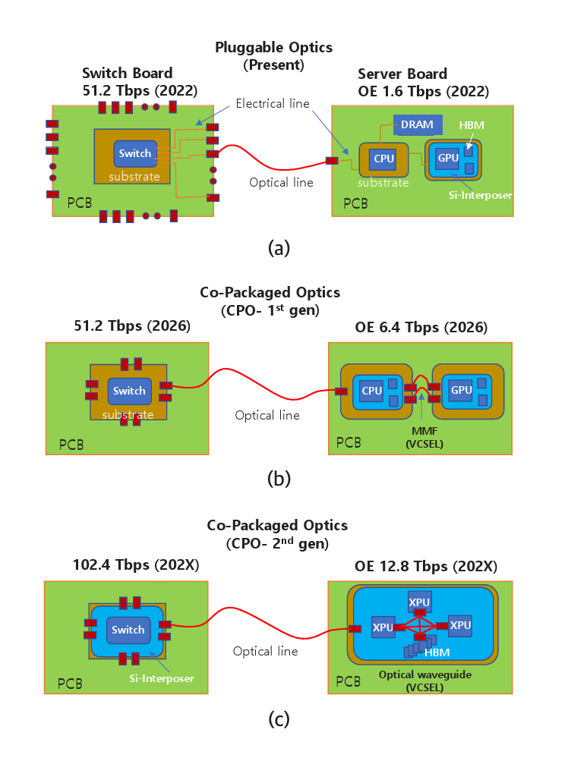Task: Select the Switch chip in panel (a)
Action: click(135, 154)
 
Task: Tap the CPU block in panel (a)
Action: click(382, 159)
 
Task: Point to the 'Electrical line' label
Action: click(272, 103)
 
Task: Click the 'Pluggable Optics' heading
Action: click(273, 48)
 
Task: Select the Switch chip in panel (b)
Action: click(129, 391)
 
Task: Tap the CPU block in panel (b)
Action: click(371, 391)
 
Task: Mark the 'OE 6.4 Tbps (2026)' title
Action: click(421, 328)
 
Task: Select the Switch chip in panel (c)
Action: click(128, 630)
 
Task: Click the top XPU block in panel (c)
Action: click(420, 601)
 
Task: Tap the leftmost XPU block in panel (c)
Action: click(383, 628)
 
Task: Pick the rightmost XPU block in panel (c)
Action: click(460, 624)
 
